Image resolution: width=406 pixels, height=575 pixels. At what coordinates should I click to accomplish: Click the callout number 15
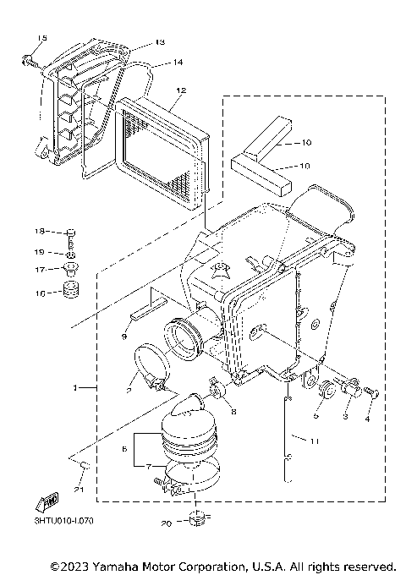[x=42, y=40]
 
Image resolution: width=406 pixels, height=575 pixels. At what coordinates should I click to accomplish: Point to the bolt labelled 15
[x=28, y=59]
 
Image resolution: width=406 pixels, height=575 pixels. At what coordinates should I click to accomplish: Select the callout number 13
[x=161, y=42]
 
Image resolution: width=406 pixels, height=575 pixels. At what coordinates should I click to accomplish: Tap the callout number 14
[x=178, y=62]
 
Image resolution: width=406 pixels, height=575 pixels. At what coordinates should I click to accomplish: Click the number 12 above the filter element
[x=180, y=89]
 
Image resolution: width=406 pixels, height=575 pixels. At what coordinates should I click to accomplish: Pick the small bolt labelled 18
[x=70, y=233]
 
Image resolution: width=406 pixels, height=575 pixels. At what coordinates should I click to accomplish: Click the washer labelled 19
[x=70, y=254]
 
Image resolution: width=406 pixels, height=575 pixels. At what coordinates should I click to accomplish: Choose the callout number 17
[x=40, y=270]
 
